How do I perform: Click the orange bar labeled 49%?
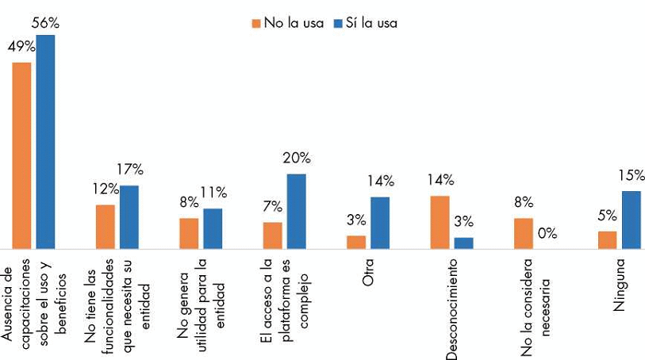click(21, 155)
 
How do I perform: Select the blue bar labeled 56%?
click(45, 143)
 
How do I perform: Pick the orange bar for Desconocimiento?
click(440, 223)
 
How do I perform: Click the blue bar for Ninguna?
click(631, 220)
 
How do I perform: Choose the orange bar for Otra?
click(356, 243)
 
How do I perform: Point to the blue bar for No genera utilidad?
click(213, 229)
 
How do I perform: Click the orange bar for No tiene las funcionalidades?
click(106, 228)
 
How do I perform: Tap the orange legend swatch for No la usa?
click(256, 23)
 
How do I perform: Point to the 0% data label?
click(547, 233)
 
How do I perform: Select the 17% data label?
click(129, 169)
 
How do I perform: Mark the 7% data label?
click(272, 207)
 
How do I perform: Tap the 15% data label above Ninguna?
click(631, 175)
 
